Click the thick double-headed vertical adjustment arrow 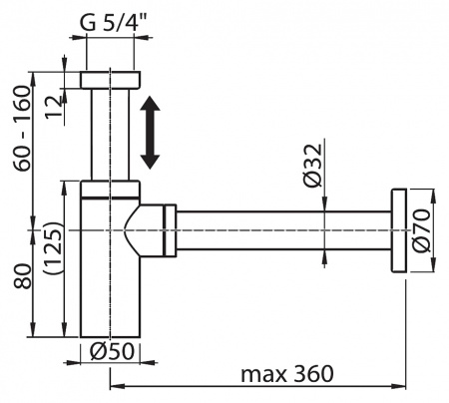tap(150, 132)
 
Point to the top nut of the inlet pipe tap(109, 81)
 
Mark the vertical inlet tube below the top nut tap(109, 135)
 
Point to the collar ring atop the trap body tap(110, 189)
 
